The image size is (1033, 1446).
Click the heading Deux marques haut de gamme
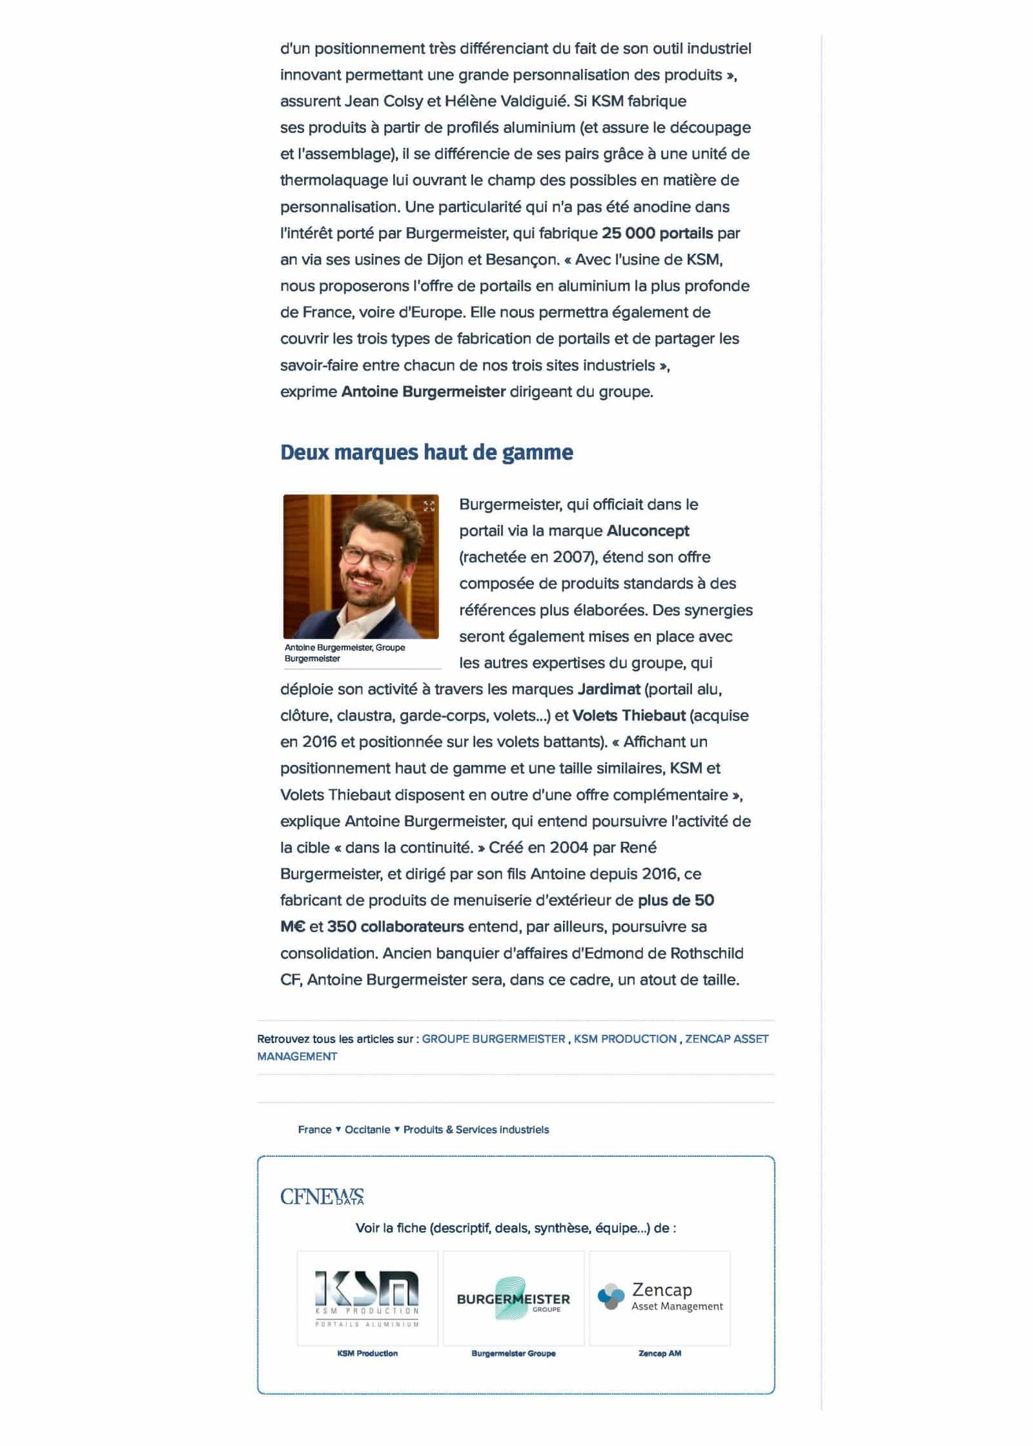(426, 453)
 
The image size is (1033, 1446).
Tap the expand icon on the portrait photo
(429, 506)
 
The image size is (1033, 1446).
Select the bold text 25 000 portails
(657, 233)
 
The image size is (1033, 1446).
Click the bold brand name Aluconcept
(648, 531)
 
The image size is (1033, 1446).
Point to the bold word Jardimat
(608, 689)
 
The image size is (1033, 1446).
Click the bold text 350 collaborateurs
(395, 926)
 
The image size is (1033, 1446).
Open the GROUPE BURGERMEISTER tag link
(493, 1039)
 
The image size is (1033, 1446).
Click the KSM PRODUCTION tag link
(625, 1039)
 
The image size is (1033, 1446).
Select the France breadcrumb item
(314, 1129)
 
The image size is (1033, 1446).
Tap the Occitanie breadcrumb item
(367, 1129)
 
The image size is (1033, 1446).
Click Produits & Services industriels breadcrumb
(476, 1129)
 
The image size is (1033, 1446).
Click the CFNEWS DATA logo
(322, 1196)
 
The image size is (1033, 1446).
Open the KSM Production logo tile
(367, 1298)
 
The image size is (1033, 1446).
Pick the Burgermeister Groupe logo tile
(513, 1298)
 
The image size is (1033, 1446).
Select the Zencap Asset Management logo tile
(660, 1298)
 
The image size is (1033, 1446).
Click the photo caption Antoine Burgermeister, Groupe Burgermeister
(345, 653)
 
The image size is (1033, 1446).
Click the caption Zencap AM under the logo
(660, 1352)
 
